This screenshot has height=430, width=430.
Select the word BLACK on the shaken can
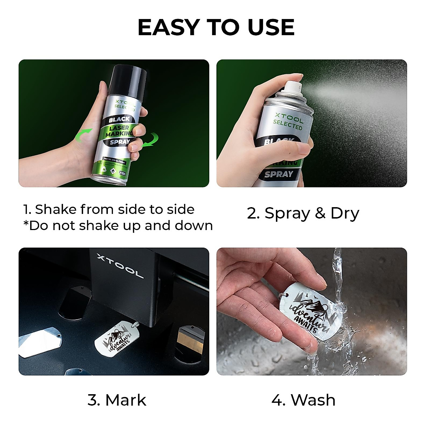point(119,119)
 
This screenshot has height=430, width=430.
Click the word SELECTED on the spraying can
point(288,125)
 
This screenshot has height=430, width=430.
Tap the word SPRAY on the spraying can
point(279,175)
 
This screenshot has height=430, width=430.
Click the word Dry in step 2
point(344,213)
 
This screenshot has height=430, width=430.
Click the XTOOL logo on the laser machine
point(120,266)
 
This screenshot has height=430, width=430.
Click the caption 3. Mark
point(117,400)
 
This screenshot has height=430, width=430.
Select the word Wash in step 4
point(313,400)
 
